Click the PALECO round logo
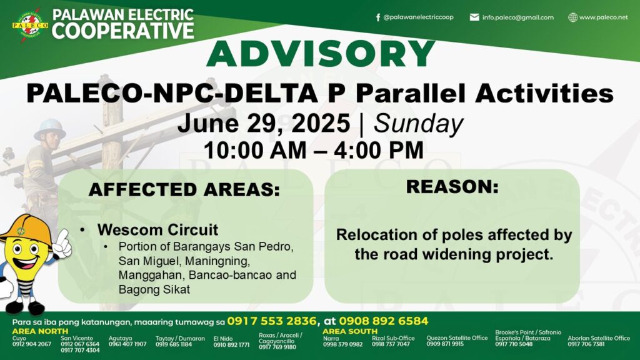[30, 25]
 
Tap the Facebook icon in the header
[378, 17]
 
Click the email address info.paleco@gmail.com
[517, 17]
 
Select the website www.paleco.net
[603, 17]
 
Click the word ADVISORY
[321, 53]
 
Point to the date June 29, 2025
[264, 123]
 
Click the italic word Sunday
[418, 123]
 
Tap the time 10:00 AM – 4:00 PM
[314, 150]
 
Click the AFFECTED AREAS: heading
[184, 189]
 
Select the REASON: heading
[452, 186]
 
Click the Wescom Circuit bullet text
[157, 230]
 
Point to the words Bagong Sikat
[154, 289]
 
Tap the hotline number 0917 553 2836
[272, 321]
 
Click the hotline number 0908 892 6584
[383, 321]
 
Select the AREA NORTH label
[40, 331]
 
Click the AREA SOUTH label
[350, 331]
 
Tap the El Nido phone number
[231, 345]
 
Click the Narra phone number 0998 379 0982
[343, 344]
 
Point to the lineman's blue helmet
[50, 129]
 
